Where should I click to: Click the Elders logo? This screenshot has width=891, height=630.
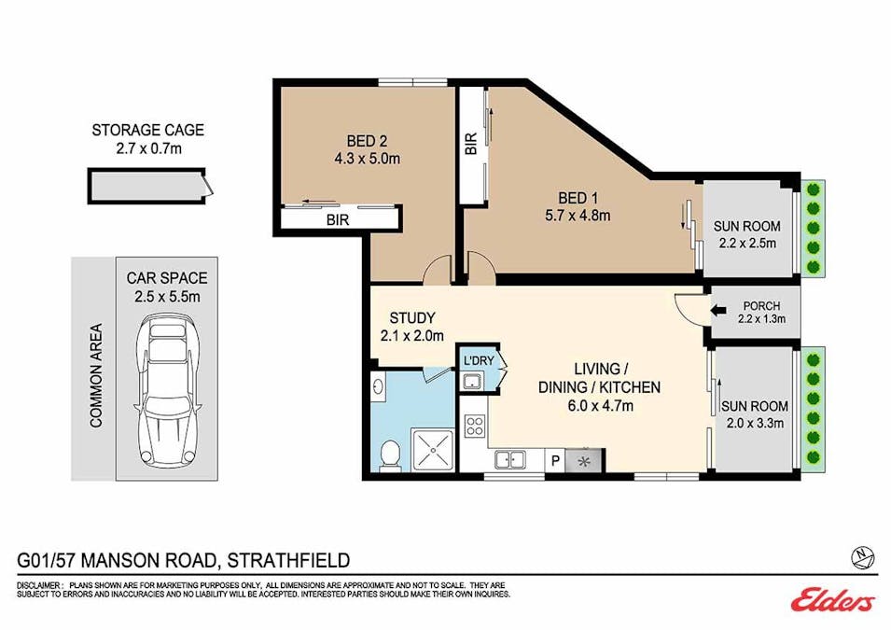coord(832,600)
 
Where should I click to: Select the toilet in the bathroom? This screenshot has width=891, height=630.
coord(389,455)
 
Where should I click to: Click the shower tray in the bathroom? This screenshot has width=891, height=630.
coord(433,450)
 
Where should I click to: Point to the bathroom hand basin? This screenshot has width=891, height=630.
coord(378,387)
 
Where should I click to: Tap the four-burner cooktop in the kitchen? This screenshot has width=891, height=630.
coord(475,426)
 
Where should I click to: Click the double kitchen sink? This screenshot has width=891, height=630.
coord(509,459)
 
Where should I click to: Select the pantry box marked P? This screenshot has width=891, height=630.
coord(555,460)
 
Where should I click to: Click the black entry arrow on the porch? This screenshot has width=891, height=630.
coord(718,311)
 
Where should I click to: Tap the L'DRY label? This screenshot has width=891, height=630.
coord(479,360)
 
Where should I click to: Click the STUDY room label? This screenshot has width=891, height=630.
coord(412,317)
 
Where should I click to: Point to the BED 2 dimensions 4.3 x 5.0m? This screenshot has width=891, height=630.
coord(367,158)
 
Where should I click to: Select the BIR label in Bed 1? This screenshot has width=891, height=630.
coord(471,144)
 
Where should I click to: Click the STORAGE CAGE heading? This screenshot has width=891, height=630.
coord(147,130)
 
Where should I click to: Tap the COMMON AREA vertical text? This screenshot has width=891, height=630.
coord(96,375)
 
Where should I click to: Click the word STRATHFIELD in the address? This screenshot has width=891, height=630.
coord(288,561)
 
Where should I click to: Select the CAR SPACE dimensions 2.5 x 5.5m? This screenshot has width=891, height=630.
coord(167,296)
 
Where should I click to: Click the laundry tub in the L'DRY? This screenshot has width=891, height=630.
coord(472,381)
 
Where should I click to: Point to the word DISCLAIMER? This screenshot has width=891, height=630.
coord(39,585)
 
